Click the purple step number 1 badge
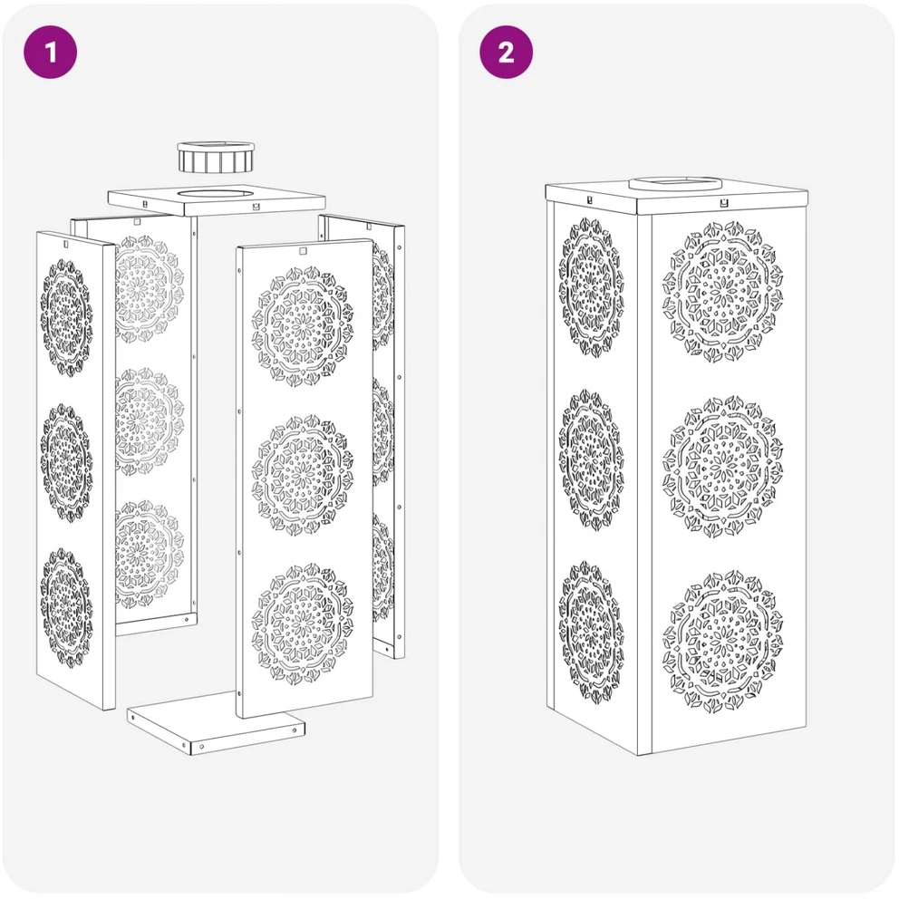click(51, 52)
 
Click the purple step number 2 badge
click(507, 52)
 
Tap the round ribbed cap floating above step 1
click(216, 158)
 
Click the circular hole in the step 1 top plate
click(217, 194)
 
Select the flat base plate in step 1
click(216, 721)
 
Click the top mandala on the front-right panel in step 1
click(303, 325)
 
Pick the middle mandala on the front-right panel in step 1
click(303, 475)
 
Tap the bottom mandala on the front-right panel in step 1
click(303, 624)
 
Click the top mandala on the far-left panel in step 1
click(66, 317)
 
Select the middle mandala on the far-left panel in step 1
click(66, 463)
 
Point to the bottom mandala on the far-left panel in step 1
click(66, 608)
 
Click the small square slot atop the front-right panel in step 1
click(303, 250)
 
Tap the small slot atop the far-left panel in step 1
click(66, 245)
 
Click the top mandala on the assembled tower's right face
click(723, 293)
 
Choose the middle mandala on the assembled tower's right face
click(723, 467)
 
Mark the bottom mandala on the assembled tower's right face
click(723, 642)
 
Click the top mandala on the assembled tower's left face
click(592, 286)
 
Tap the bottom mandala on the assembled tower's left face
click(592, 632)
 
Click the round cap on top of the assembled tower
click(674, 184)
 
